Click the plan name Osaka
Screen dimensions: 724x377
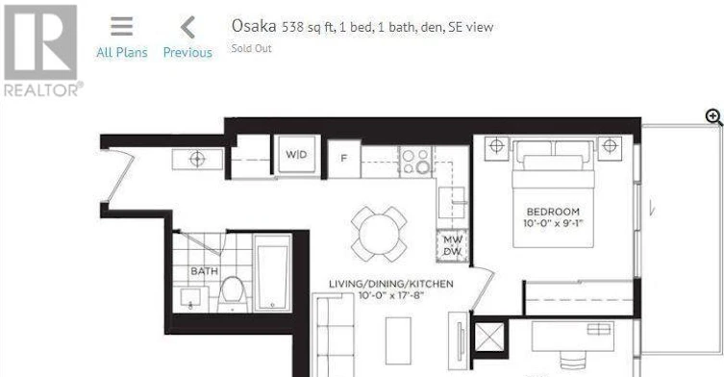254,26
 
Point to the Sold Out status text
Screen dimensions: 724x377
251,48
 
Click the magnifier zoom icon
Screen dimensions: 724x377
713,117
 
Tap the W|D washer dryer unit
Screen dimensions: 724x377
296,155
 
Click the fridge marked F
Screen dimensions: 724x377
344,159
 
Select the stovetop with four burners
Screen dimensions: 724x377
415,161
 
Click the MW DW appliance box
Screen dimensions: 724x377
453,246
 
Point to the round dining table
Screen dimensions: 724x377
379,234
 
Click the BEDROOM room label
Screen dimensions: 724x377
553,212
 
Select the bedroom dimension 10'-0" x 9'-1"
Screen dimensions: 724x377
553,224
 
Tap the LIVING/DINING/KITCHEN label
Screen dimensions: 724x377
391,284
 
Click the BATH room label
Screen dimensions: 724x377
204,271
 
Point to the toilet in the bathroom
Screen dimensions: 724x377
232,294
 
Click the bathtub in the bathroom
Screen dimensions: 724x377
272,272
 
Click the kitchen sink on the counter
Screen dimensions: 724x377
452,202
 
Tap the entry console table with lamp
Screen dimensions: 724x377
198,159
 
